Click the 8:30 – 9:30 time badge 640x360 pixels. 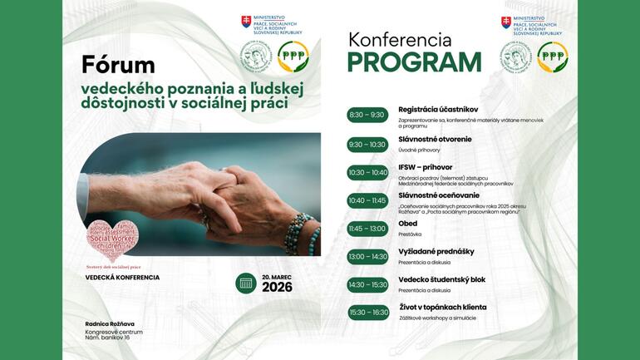(367, 115)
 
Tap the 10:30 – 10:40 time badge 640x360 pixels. (367, 172)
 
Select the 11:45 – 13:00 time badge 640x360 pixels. (367, 229)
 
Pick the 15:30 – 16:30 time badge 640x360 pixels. (368, 313)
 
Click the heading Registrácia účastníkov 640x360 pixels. (438, 109)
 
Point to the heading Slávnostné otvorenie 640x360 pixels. (435, 139)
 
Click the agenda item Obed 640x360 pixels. (407, 224)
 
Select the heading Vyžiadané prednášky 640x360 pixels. (436, 251)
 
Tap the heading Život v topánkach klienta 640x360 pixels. (442, 307)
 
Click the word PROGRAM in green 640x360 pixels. (414, 63)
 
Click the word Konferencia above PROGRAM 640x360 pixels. (400, 39)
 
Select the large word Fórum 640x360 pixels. (118, 64)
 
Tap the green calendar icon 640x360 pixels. (245, 284)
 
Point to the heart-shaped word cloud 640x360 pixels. (113, 239)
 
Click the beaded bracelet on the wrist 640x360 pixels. (300, 234)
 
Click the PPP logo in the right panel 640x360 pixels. (553, 57)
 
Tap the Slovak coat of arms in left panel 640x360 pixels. (246, 22)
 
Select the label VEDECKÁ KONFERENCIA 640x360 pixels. (122, 278)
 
